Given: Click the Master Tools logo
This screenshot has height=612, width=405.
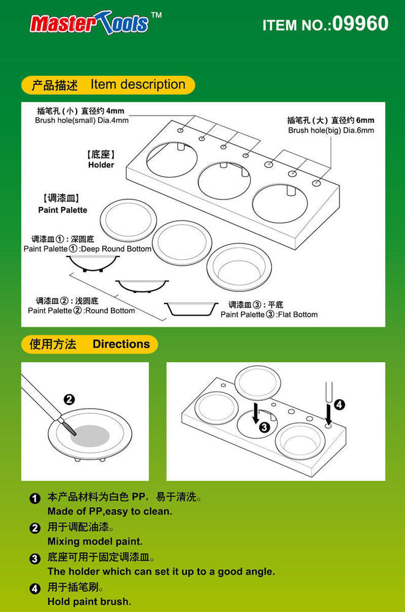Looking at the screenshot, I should [x=89, y=23].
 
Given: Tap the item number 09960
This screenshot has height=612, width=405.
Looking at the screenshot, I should [x=325, y=24].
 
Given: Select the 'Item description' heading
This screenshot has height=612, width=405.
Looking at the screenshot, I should [x=137, y=84].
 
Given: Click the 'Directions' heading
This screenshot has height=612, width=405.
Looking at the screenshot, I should [x=121, y=344].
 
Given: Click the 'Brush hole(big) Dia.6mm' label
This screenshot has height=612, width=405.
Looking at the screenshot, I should [x=331, y=130].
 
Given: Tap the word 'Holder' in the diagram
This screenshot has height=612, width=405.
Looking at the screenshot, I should [x=101, y=165].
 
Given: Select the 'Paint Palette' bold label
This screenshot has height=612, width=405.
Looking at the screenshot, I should [x=62, y=210].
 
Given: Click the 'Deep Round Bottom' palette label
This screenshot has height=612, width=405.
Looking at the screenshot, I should [x=87, y=249].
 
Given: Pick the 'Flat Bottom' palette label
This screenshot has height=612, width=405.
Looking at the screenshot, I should [x=269, y=314].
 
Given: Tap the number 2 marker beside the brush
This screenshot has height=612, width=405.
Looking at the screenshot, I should [x=69, y=400].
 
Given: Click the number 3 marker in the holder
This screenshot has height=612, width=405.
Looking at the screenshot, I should [x=263, y=427].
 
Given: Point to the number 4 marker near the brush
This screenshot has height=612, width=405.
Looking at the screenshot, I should [x=340, y=405].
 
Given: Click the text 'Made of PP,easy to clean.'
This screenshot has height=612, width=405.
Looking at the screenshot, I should [x=110, y=511].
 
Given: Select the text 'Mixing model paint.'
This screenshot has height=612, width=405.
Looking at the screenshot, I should [x=95, y=541].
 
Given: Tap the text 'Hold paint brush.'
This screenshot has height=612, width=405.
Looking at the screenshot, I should [x=89, y=601].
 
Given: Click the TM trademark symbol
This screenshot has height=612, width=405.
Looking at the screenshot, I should [x=156, y=15].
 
